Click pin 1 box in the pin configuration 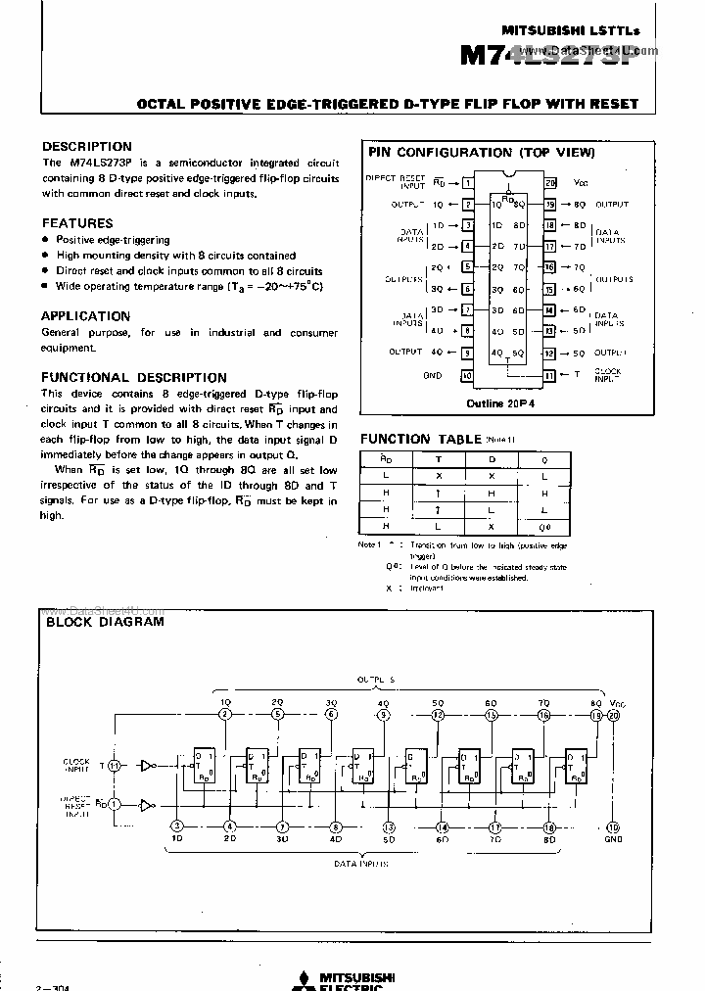coord(468,183)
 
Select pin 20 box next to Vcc coord(550,183)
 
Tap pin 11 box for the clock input coord(550,375)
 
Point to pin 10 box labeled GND coord(468,375)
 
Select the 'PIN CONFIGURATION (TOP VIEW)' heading coord(481,153)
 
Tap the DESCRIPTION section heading coord(86,147)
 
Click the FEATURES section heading coord(77,223)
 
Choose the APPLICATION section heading coord(85,316)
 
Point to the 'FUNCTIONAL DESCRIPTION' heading coord(134,377)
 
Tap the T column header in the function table coord(438,457)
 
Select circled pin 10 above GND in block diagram coord(614,826)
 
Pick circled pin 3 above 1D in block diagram coord(177,826)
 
